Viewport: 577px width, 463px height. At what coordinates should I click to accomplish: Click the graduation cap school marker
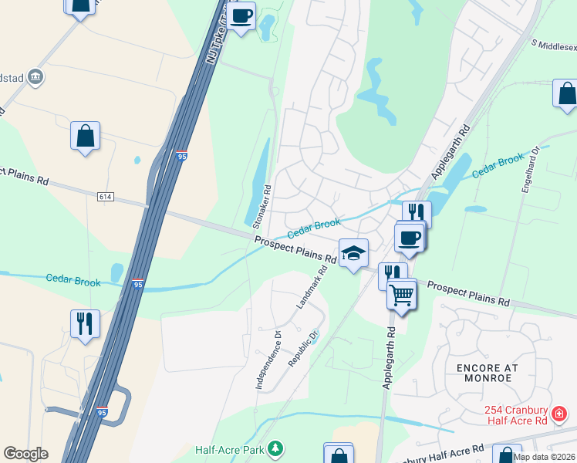[x=353, y=254]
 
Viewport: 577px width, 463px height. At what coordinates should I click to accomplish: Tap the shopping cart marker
[x=401, y=294]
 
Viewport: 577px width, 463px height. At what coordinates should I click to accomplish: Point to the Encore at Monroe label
[x=488, y=373]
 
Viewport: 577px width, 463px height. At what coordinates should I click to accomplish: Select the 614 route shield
[x=106, y=197]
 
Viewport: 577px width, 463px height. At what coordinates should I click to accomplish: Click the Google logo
[x=25, y=454]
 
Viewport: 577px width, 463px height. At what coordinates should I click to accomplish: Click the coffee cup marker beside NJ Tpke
[x=241, y=15]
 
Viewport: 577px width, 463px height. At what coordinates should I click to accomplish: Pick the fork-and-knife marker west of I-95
[x=84, y=323]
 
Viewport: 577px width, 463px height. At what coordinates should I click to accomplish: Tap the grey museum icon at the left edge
[x=35, y=76]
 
